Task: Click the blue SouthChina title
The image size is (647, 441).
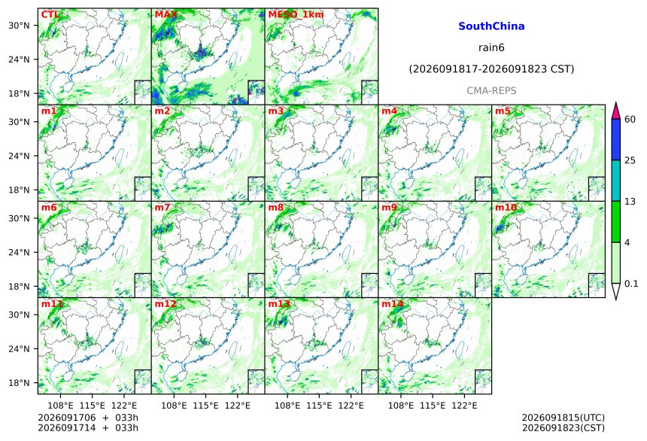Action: click(491, 26)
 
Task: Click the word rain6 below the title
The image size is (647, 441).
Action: click(491, 47)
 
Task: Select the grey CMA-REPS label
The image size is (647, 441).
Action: click(491, 90)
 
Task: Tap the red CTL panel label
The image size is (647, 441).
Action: click(50, 14)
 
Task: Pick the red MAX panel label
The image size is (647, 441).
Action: click(166, 14)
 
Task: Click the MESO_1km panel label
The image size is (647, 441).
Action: click(296, 14)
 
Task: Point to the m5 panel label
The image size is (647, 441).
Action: click(503, 111)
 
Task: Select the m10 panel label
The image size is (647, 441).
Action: click(506, 207)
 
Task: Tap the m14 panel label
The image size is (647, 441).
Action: click(393, 304)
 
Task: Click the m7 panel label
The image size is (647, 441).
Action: click(163, 207)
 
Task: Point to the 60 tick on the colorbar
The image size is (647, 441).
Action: click(630, 120)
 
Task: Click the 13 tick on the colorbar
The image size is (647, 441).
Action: click(630, 201)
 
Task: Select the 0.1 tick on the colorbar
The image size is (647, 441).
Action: click(631, 283)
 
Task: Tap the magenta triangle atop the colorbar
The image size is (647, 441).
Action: click(616, 111)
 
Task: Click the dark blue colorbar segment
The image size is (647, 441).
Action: click(616, 139)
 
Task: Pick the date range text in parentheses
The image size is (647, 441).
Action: click(491, 69)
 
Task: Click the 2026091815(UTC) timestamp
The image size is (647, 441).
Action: click(563, 418)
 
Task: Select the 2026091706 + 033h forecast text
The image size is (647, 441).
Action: click(88, 418)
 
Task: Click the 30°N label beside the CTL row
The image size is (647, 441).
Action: click(19, 25)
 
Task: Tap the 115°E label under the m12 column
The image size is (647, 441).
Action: click(205, 406)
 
